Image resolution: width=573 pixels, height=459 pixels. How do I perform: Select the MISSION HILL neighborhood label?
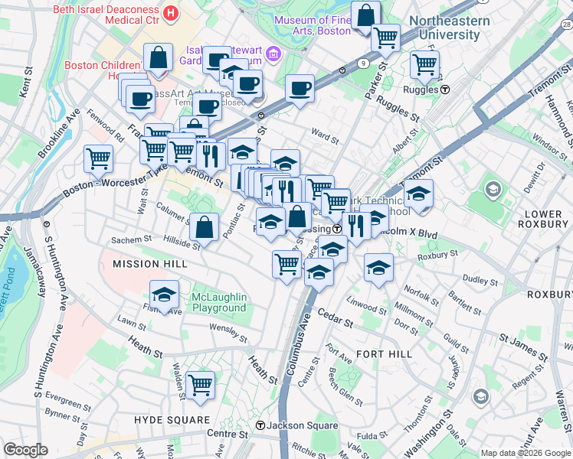coord(150,263)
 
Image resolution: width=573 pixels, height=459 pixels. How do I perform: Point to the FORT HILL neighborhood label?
coord(384,354)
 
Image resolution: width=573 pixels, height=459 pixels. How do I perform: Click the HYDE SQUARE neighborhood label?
coord(172,420)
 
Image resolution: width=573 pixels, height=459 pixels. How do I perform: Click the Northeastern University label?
coord(449,28)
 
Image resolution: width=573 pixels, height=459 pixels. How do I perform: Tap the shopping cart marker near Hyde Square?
coord(200,385)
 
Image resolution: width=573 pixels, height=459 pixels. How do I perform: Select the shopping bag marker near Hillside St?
coord(204,226)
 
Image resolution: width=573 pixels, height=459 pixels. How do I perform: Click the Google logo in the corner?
coord(26,450)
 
